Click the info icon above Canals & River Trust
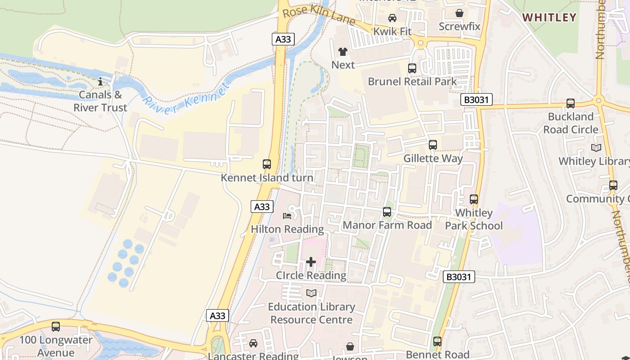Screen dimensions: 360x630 point(100,81)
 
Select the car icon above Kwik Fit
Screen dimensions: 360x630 point(392,18)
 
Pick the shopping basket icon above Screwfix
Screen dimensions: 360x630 point(459,13)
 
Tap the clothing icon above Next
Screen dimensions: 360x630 point(343,52)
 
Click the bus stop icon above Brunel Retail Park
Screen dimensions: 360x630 point(412,68)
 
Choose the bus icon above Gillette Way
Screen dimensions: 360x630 point(433,145)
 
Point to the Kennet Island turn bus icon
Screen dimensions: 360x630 point(267,164)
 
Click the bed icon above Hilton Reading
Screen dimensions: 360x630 point(287,216)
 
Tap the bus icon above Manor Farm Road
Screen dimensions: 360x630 point(387,212)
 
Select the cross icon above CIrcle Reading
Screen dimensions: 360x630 point(311,262)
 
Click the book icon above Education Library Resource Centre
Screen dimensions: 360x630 point(311,293)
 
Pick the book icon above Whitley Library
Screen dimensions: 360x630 point(596,148)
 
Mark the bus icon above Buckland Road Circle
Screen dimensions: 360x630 point(571,103)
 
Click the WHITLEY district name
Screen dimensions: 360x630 point(549,18)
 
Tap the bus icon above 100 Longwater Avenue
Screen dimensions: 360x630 point(56,327)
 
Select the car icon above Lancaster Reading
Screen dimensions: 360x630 point(253,343)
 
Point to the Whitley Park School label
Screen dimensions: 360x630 point(474,219)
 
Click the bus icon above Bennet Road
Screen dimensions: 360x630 point(437,342)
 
